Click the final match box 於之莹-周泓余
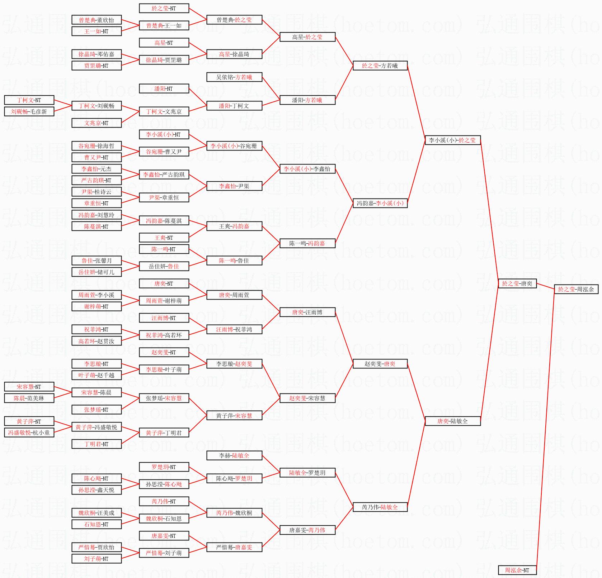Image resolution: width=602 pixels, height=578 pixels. click(x=576, y=289)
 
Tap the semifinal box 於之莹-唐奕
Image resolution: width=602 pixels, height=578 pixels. click(x=517, y=283)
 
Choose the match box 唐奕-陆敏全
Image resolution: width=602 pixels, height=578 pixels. click(x=453, y=421)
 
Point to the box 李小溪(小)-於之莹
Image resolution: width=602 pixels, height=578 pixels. click(x=453, y=140)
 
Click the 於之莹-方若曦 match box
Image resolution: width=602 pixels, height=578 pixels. click(x=380, y=66)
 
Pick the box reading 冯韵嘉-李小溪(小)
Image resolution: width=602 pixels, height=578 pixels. click(x=380, y=203)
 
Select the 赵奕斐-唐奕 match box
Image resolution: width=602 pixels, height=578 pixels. click(x=380, y=364)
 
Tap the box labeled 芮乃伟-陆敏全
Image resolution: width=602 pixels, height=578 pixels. click(x=380, y=507)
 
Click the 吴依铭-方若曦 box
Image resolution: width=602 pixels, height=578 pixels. click(x=234, y=77)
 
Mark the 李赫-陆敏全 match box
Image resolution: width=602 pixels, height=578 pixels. click(x=234, y=455)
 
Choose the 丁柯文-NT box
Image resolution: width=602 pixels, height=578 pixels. click(x=29, y=100)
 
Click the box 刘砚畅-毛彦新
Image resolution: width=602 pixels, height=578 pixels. click(x=29, y=111)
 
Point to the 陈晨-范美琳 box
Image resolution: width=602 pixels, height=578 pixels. click(x=29, y=398)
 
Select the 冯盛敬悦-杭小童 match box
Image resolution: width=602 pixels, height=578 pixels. click(x=29, y=433)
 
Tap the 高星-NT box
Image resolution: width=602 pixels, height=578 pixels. click(x=164, y=43)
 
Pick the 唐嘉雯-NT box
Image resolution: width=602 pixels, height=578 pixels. click(x=164, y=536)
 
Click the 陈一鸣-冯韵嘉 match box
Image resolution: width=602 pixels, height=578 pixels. click(x=307, y=243)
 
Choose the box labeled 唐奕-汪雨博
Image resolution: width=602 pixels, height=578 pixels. click(x=307, y=312)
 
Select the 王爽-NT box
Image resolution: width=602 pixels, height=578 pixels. click(x=164, y=238)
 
